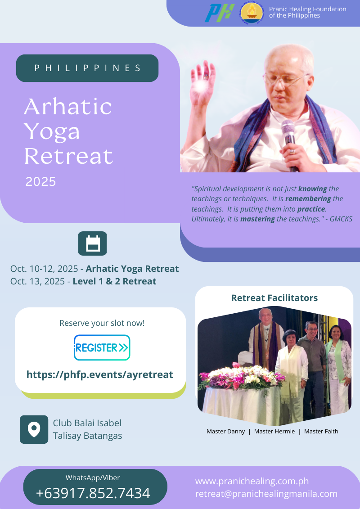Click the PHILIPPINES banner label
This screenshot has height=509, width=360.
click(87, 68)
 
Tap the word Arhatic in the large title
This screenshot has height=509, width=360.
click(68, 107)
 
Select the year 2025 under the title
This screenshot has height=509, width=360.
click(40, 181)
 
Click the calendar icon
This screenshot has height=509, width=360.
click(93, 243)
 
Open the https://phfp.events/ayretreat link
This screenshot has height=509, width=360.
click(99, 374)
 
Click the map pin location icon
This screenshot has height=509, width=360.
click(34, 429)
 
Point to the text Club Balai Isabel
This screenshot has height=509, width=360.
click(87, 423)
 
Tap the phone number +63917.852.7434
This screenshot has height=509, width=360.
click(93, 493)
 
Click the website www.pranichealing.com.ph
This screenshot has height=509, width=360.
click(252, 481)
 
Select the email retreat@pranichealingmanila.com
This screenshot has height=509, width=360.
click(266, 494)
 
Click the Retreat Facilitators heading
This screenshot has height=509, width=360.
click(274, 297)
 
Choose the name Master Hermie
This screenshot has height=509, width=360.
click(274, 431)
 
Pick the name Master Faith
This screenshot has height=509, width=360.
click(321, 431)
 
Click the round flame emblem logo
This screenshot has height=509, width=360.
click(252, 14)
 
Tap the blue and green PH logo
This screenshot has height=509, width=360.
click(220, 13)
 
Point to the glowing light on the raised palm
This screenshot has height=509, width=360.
click(201, 85)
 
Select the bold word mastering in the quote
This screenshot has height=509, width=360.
click(257, 219)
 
